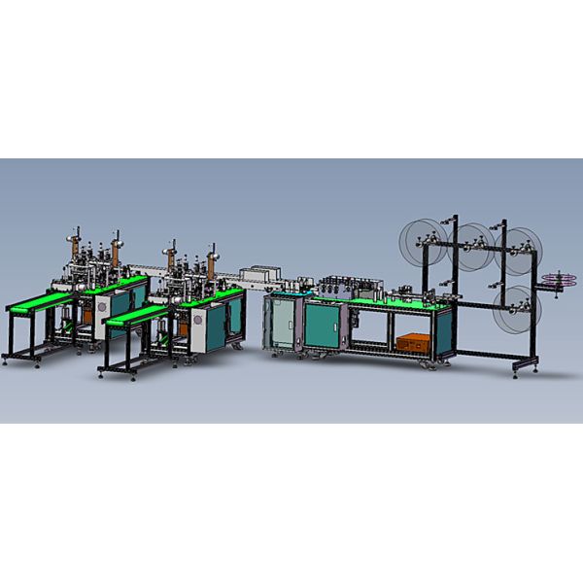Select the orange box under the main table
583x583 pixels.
tap(413, 342)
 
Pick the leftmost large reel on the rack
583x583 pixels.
tap(420, 242)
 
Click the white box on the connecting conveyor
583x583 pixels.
tap(262, 276)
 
